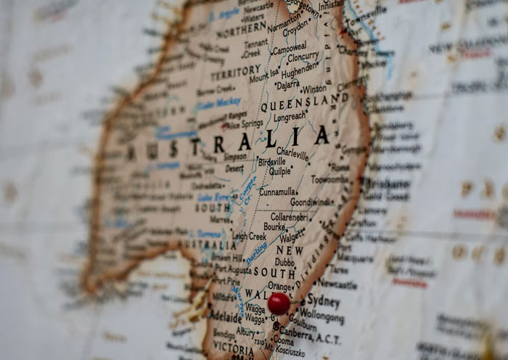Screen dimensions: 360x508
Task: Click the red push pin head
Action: tap(279, 303)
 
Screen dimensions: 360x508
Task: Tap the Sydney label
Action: tap(323, 300)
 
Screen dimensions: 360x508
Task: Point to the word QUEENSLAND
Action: tap(305, 102)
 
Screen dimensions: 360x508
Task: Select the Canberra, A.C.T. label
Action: tap(308, 327)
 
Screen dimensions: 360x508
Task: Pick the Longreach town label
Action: tap(290, 116)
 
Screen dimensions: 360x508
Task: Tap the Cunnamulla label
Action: tap(277, 192)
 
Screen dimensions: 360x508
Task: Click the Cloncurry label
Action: tap(303, 57)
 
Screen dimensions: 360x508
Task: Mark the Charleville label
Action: tap(292, 154)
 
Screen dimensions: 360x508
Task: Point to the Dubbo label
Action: tap(284, 262)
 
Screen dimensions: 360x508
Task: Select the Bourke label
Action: tap(274, 226)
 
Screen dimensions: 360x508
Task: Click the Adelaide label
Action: tap(226, 317)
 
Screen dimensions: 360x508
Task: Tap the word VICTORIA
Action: tap(234, 348)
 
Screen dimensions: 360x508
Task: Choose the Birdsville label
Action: tap(271, 162)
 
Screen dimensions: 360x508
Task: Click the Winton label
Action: tap(314, 89)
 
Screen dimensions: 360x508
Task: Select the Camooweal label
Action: tap(289, 49)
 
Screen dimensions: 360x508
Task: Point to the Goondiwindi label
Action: tap(312, 202)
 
